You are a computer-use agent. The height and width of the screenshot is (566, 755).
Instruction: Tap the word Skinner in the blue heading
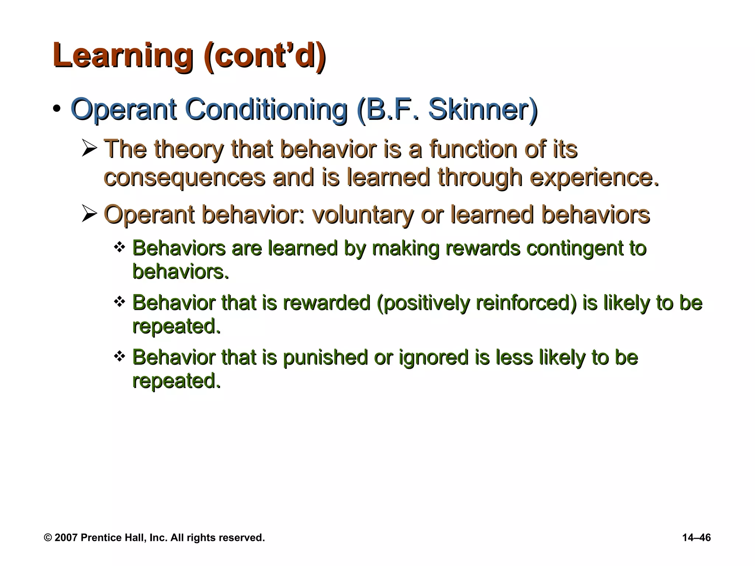(483, 109)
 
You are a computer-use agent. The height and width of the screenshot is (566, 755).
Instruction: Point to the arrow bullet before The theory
(89, 149)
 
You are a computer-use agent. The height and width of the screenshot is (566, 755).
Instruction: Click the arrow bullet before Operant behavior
(89, 214)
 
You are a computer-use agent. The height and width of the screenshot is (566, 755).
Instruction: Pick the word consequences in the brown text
(184, 177)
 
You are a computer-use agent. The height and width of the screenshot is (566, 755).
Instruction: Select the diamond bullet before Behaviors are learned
(119, 247)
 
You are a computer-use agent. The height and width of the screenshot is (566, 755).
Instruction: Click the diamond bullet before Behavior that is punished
(119, 356)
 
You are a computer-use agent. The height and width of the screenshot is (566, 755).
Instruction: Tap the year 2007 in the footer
(66, 538)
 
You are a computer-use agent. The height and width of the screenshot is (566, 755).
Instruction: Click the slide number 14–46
(696, 538)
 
